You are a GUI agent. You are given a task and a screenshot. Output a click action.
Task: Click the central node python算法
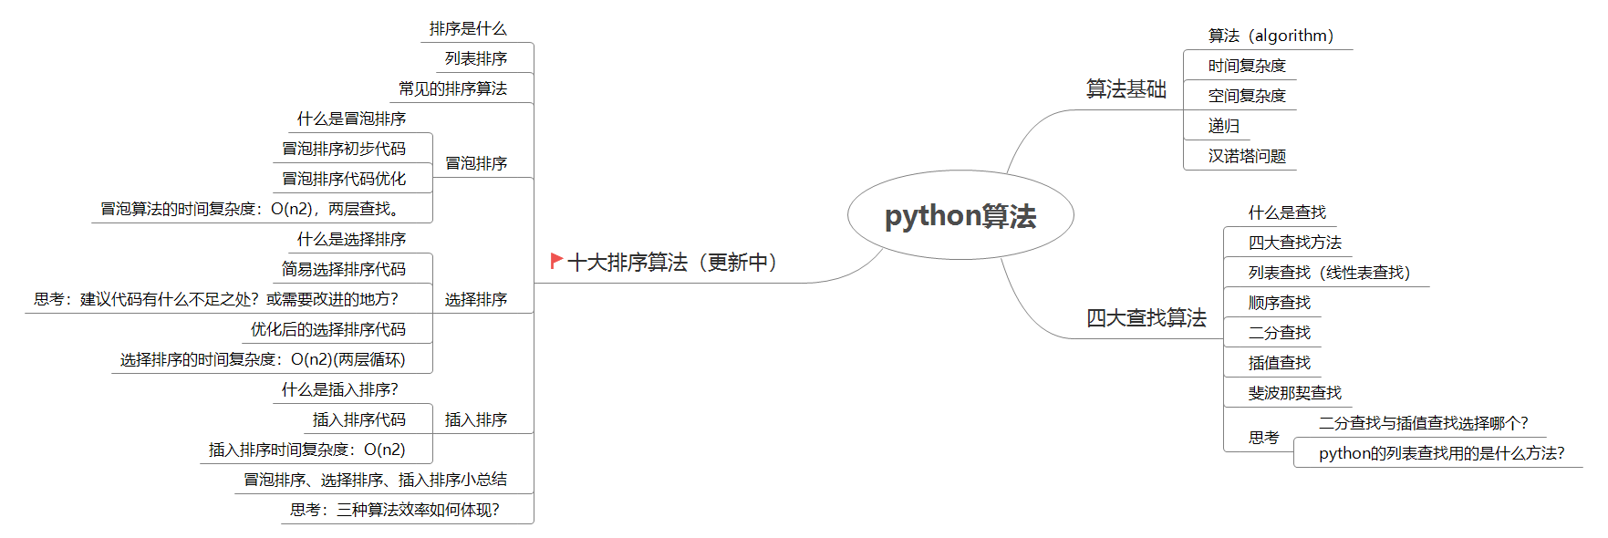click(x=960, y=216)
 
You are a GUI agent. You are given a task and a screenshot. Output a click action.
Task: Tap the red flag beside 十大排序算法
click(x=555, y=261)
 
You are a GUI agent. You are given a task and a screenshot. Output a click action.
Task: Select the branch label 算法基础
click(x=1126, y=89)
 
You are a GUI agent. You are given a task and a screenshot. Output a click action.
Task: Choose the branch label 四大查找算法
click(x=1146, y=318)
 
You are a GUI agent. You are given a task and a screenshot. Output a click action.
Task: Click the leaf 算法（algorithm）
click(x=1271, y=36)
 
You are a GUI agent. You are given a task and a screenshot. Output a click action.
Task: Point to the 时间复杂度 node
click(x=1246, y=66)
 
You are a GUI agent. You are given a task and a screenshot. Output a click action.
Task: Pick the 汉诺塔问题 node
click(x=1246, y=156)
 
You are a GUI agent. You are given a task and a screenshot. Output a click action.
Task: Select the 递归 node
click(x=1223, y=126)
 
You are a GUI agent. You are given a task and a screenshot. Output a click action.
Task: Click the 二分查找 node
click(x=1279, y=333)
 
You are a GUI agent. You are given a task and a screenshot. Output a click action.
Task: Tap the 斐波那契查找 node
click(x=1294, y=393)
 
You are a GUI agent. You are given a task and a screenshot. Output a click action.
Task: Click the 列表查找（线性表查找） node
click(x=1329, y=273)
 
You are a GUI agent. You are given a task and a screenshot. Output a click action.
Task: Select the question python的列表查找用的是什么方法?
click(x=1441, y=453)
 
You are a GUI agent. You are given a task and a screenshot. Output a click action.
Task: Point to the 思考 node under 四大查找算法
click(x=1263, y=438)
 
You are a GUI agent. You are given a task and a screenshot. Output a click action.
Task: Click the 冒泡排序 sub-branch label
click(x=476, y=163)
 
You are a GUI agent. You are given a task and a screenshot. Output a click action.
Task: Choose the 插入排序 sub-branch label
click(x=476, y=419)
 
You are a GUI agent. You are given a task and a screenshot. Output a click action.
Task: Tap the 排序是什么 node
click(x=468, y=29)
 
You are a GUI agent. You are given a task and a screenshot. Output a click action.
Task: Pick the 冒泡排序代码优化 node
click(x=344, y=179)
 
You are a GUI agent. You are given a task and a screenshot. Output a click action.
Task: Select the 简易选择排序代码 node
click(x=344, y=269)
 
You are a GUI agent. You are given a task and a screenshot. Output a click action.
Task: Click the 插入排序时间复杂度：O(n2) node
click(x=306, y=450)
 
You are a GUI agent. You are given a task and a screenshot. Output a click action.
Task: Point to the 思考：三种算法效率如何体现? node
click(x=395, y=510)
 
